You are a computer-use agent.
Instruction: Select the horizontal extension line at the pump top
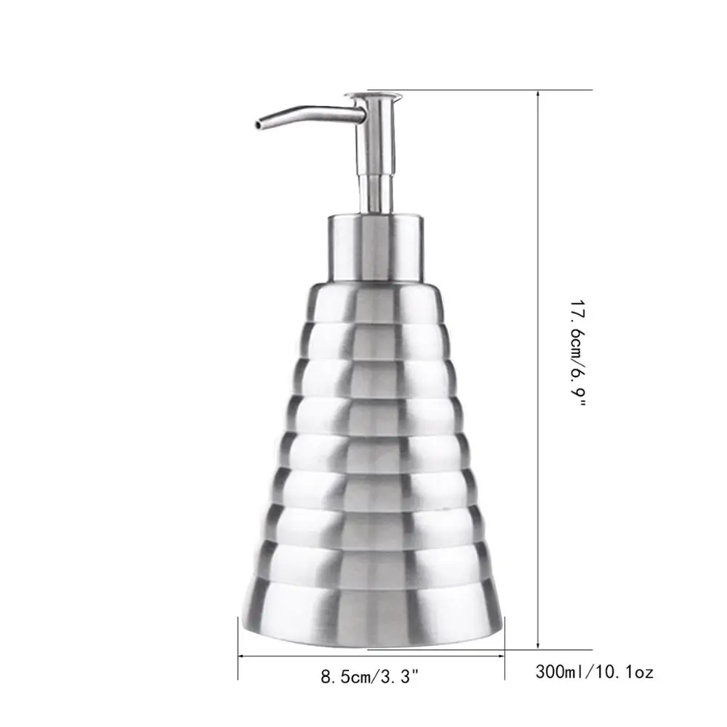[x=494, y=90]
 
